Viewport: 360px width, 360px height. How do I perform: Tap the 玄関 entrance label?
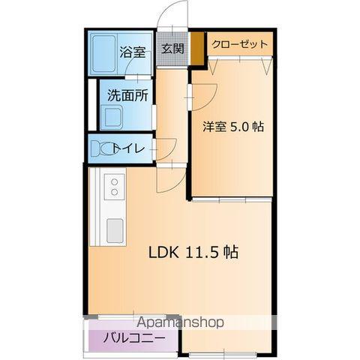[x=172, y=49]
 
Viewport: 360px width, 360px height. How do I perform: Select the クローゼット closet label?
[x=239, y=44]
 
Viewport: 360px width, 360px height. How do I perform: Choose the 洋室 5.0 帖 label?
[x=232, y=127]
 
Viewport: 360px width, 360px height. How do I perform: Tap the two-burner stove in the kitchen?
[x=114, y=186]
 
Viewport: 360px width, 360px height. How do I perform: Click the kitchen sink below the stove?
[x=115, y=228]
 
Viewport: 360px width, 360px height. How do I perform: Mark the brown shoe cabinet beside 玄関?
[x=196, y=49]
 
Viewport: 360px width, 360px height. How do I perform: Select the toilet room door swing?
[x=165, y=148]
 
